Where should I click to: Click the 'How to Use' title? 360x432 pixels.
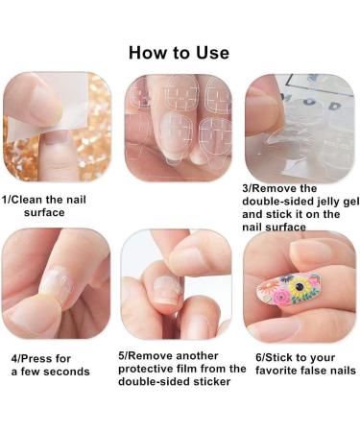(x=179, y=52)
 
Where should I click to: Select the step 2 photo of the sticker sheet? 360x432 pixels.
(x=179, y=128)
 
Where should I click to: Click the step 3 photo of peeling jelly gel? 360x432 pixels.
(x=300, y=128)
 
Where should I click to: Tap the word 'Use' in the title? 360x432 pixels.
(x=209, y=52)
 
